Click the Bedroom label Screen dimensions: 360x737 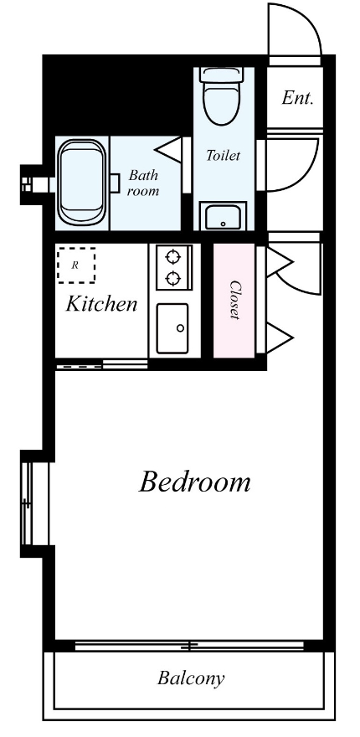194,482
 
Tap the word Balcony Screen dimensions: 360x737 190,678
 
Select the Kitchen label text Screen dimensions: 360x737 101,304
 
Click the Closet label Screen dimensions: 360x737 235,300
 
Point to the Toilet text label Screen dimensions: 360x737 224,155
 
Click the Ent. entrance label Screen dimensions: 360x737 297,98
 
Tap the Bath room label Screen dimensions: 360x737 143,183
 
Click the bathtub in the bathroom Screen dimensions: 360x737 81,182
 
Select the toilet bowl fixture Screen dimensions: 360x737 223,95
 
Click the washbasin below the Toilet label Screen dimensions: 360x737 224,216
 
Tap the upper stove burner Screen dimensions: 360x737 173,256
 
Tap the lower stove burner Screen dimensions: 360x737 173,279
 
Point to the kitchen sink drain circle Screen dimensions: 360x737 181,328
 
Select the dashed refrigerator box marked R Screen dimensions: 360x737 76,265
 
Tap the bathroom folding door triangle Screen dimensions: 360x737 167,150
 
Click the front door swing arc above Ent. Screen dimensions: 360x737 308,20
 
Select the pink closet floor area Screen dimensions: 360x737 234,301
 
